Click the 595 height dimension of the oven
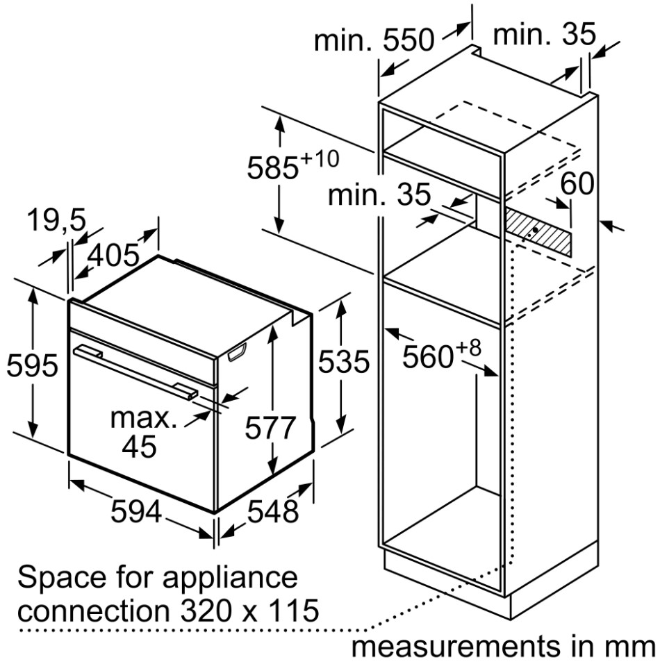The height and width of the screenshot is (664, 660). pos(31,365)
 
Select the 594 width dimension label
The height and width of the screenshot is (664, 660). pos(137,513)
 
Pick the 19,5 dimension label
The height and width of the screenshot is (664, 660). pos(55,221)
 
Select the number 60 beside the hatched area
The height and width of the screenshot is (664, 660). pos(577,184)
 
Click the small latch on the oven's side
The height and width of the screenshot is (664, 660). pos(236,354)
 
